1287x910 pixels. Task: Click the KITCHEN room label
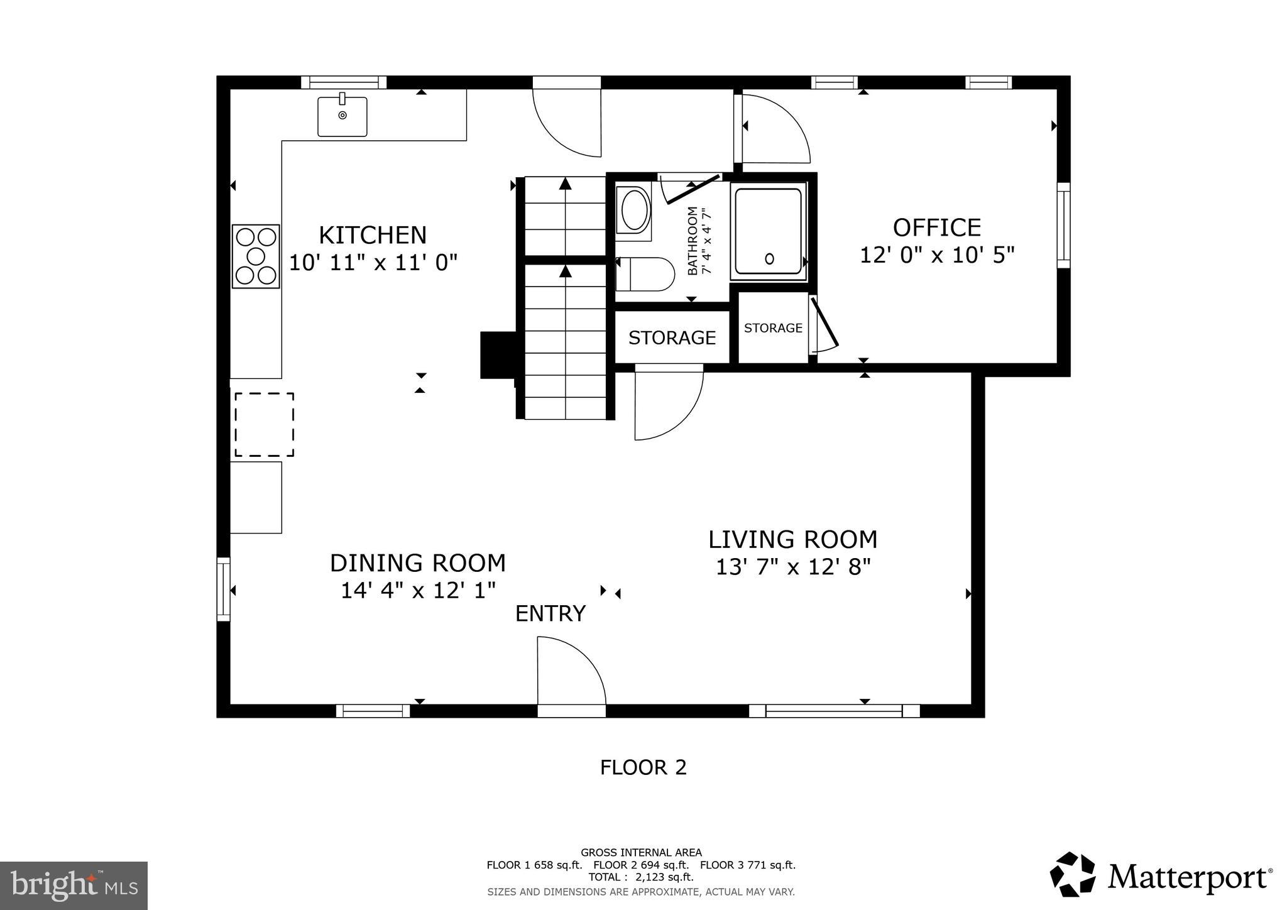click(x=373, y=235)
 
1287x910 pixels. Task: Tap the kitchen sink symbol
click(x=342, y=116)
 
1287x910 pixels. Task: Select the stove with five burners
click(x=256, y=256)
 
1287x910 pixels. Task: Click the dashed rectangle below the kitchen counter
click(x=264, y=425)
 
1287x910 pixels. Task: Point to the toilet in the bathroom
click(x=644, y=274)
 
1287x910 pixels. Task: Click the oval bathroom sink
click(x=633, y=211)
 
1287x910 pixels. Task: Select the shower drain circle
click(x=769, y=258)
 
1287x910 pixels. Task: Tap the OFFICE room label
click(x=936, y=227)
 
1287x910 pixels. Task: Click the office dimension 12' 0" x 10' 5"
click(x=936, y=255)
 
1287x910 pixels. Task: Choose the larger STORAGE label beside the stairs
click(x=672, y=338)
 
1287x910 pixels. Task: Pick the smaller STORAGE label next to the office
click(x=773, y=328)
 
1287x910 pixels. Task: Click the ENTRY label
click(x=550, y=613)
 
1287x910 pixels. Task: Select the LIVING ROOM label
click(x=792, y=540)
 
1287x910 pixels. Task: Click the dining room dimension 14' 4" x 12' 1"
click(x=418, y=591)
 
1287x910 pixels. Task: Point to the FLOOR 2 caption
click(x=643, y=767)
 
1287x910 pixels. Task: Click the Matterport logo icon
click(x=1072, y=874)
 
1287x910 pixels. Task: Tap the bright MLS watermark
click(x=74, y=885)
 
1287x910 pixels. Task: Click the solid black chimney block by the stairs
click(x=497, y=355)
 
